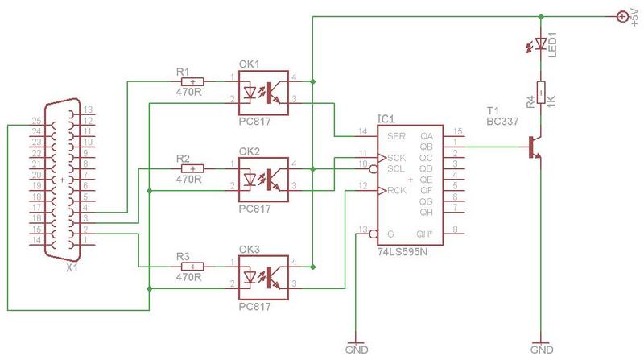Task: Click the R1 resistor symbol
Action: click(x=192, y=81)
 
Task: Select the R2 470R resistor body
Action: click(x=192, y=168)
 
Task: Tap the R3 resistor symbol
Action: click(x=192, y=267)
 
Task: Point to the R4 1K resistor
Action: click(x=541, y=93)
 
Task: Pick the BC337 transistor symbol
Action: click(x=534, y=147)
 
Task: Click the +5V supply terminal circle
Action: click(x=622, y=16)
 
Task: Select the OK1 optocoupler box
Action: click(x=263, y=93)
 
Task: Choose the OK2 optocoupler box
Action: click(x=263, y=180)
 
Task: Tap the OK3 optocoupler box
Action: click(x=263, y=278)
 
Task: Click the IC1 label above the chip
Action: click(x=386, y=118)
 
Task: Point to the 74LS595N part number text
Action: click(x=402, y=251)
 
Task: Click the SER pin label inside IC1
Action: click(x=396, y=136)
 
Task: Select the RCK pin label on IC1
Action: click(x=396, y=190)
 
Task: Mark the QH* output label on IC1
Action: click(x=424, y=234)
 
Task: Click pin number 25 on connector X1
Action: click(x=36, y=121)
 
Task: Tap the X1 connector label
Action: click(x=72, y=268)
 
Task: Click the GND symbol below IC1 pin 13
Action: click(x=356, y=347)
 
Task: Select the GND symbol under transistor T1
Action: click(x=541, y=347)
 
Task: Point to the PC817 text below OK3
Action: click(x=254, y=307)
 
